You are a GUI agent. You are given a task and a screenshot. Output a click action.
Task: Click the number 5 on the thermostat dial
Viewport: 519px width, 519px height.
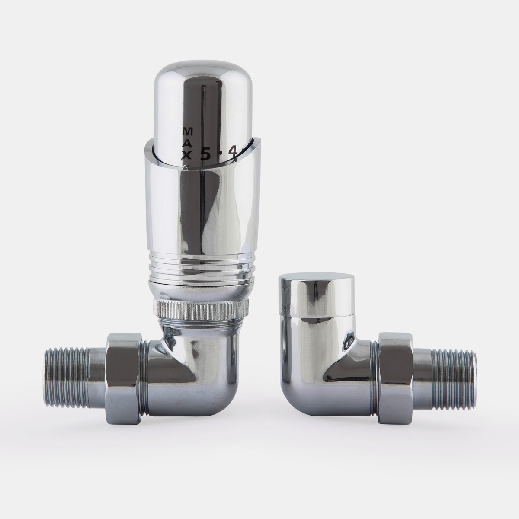(x=205, y=154)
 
